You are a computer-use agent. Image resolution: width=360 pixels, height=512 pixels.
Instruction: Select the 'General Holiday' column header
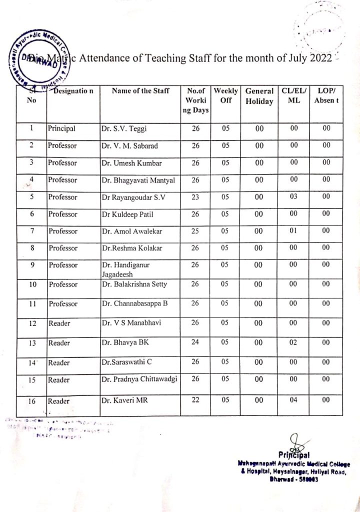point(259,96)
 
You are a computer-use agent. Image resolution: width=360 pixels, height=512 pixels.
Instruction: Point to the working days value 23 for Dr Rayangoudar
point(196,196)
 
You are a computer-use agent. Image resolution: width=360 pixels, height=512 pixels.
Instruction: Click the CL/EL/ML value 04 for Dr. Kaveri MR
point(293,400)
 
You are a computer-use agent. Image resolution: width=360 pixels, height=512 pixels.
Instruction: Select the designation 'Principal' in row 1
point(61,128)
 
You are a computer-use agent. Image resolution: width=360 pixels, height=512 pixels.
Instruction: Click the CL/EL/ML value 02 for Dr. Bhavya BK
point(293,342)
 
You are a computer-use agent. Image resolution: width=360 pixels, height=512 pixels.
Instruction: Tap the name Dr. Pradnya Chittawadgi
point(139,379)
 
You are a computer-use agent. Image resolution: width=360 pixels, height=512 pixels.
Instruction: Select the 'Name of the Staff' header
point(140,91)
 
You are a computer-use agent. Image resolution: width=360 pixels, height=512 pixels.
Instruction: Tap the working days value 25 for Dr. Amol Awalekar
point(196,231)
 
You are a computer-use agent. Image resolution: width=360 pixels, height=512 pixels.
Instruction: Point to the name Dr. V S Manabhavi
point(131,323)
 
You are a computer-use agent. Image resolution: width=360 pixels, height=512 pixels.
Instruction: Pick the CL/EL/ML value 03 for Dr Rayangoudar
point(293,196)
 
